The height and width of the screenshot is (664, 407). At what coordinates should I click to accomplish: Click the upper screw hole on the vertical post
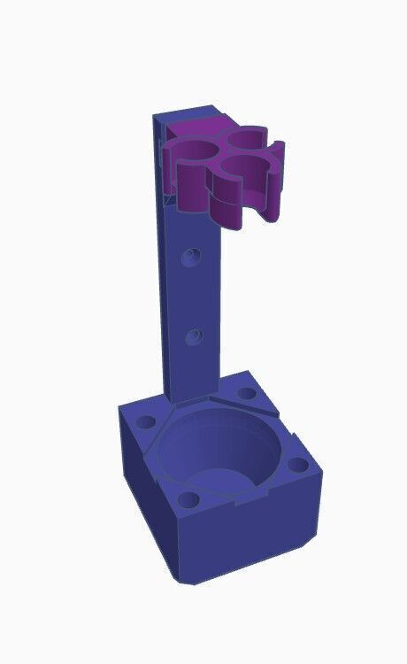point(191,258)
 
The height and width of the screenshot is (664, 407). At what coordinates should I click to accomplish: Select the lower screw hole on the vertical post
point(195,336)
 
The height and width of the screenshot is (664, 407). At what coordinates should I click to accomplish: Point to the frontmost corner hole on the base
point(188,499)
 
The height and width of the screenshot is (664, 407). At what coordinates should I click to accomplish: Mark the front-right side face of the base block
point(257,540)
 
